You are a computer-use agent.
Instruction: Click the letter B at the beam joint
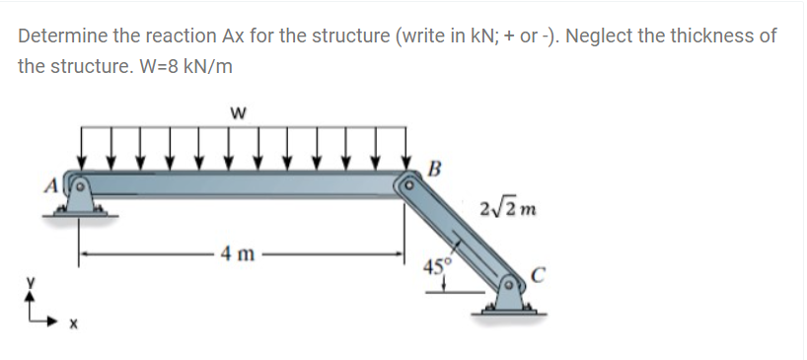[434, 169]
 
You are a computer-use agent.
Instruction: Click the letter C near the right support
[538, 277]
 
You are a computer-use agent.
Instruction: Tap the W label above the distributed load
[237, 112]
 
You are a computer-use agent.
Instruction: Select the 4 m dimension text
[237, 253]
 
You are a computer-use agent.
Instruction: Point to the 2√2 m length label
[507, 209]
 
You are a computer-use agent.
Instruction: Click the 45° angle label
[437, 266]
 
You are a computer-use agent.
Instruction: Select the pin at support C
[509, 284]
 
